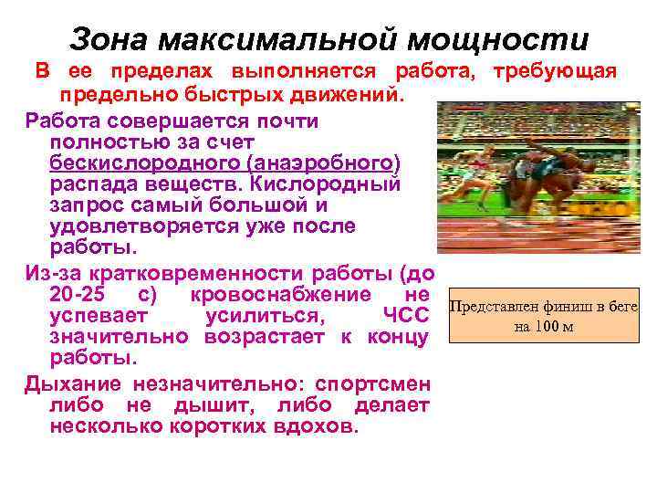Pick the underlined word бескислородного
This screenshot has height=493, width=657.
pyautogui.click(x=135, y=163)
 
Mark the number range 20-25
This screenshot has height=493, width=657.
pyautogui.click(x=82, y=295)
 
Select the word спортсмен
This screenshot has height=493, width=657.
pyautogui.click(x=373, y=383)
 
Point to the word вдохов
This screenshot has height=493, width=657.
pyautogui.click(x=315, y=425)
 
